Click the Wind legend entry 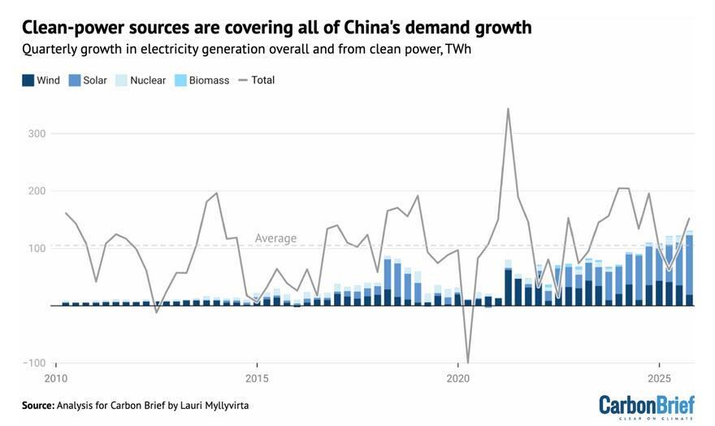point(41,80)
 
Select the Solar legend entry point(88,80)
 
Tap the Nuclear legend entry point(141,80)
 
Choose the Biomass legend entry point(201,80)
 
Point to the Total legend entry point(256,80)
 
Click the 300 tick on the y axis point(36,133)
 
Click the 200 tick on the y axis point(36,190)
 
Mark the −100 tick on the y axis point(33,363)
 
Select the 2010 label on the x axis point(56,379)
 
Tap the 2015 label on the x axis point(257,379)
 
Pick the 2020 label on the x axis point(457,379)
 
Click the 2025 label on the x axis point(658,379)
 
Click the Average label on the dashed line point(275,238)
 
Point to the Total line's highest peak point(508,108)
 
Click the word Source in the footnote point(37,405)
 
